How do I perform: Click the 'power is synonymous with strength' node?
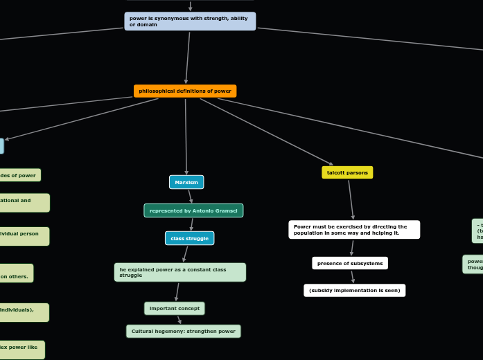click(190, 21)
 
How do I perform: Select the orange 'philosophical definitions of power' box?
click(185, 91)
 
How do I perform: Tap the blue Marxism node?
click(186, 182)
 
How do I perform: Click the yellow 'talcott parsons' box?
click(347, 172)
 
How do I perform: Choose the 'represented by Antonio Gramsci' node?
click(193, 210)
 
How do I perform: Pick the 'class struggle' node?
click(189, 238)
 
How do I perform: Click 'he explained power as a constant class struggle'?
click(179, 272)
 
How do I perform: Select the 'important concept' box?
click(175, 308)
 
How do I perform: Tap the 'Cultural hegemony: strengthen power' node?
click(184, 332)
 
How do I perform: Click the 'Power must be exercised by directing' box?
click(354, 230)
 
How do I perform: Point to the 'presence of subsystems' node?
click(350, 263)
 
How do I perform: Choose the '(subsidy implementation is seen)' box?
click(354, 291)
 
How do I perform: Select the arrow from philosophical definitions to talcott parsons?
click(267, 132)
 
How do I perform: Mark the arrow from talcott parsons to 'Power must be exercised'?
click(351, 199)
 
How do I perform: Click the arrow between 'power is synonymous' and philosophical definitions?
click(187, 58)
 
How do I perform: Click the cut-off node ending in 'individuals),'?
click(24, 312)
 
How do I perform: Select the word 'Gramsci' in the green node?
click(225, 210)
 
